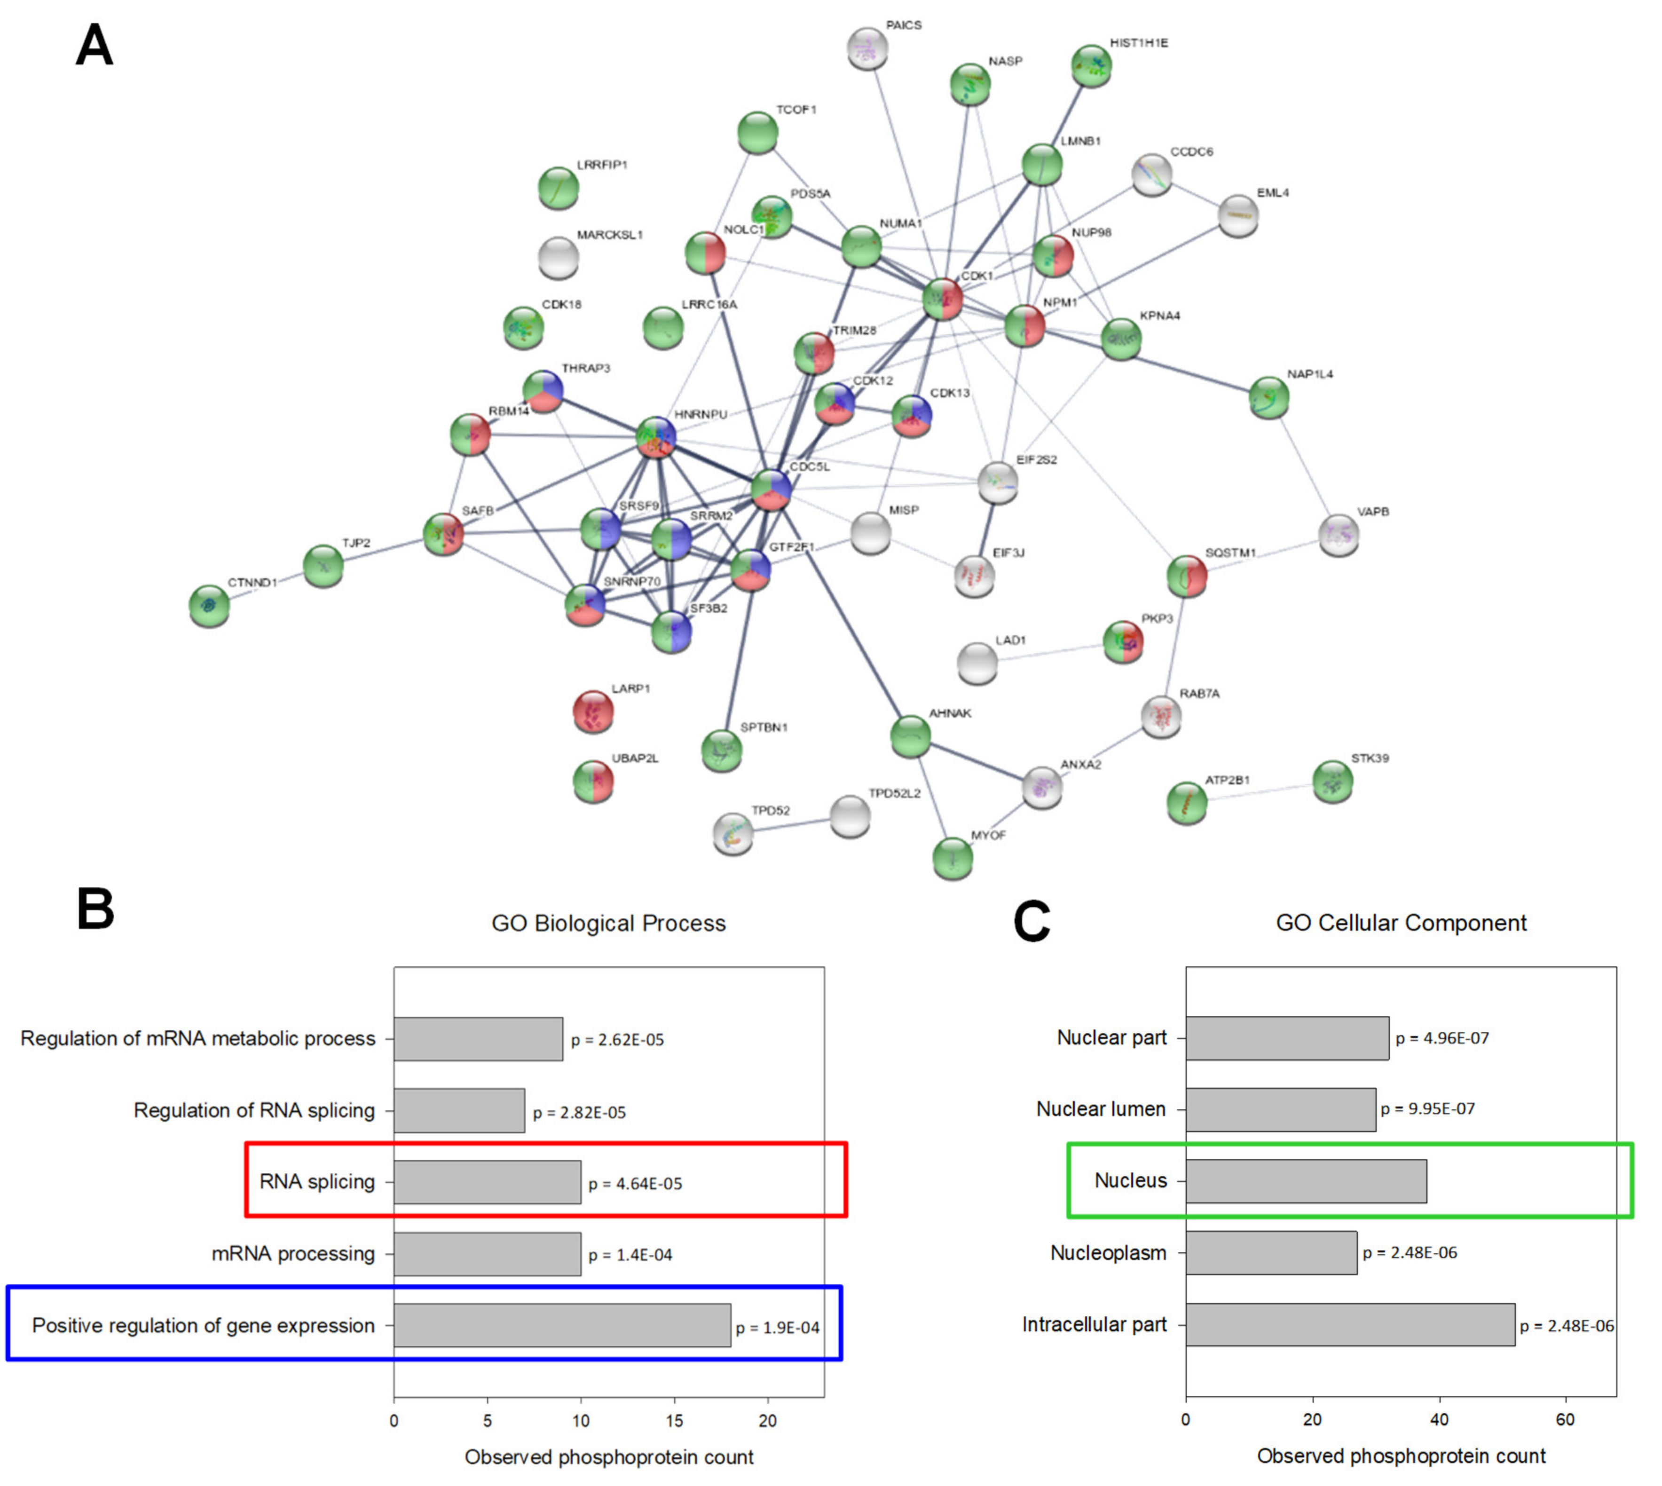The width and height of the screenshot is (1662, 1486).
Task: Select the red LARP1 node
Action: tap(593, 711)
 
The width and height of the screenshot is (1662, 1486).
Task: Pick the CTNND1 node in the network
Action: tap(209, 606)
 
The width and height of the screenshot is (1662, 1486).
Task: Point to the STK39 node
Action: tap(1332, 782)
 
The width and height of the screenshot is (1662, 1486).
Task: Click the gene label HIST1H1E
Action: tap(1139, 42)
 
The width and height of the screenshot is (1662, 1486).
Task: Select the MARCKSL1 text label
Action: tap(610, 235)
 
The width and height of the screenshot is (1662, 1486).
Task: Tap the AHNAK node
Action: tap(910, 735)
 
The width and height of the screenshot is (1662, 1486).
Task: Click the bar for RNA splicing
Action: tap(488, 1181)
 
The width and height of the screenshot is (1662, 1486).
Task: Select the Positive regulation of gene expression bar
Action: tap(562, 1325)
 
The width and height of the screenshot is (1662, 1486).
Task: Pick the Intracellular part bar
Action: tap(1350, 1324)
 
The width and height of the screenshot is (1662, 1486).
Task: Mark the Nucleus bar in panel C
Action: tap(1306, 1181)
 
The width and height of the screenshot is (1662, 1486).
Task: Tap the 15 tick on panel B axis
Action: tap(674, 1421)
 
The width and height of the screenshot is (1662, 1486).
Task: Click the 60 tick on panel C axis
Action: tap(1565, 1420)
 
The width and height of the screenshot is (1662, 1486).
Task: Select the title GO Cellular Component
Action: tap(1401, 923)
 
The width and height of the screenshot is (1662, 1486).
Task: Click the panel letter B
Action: tap(95, 909)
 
